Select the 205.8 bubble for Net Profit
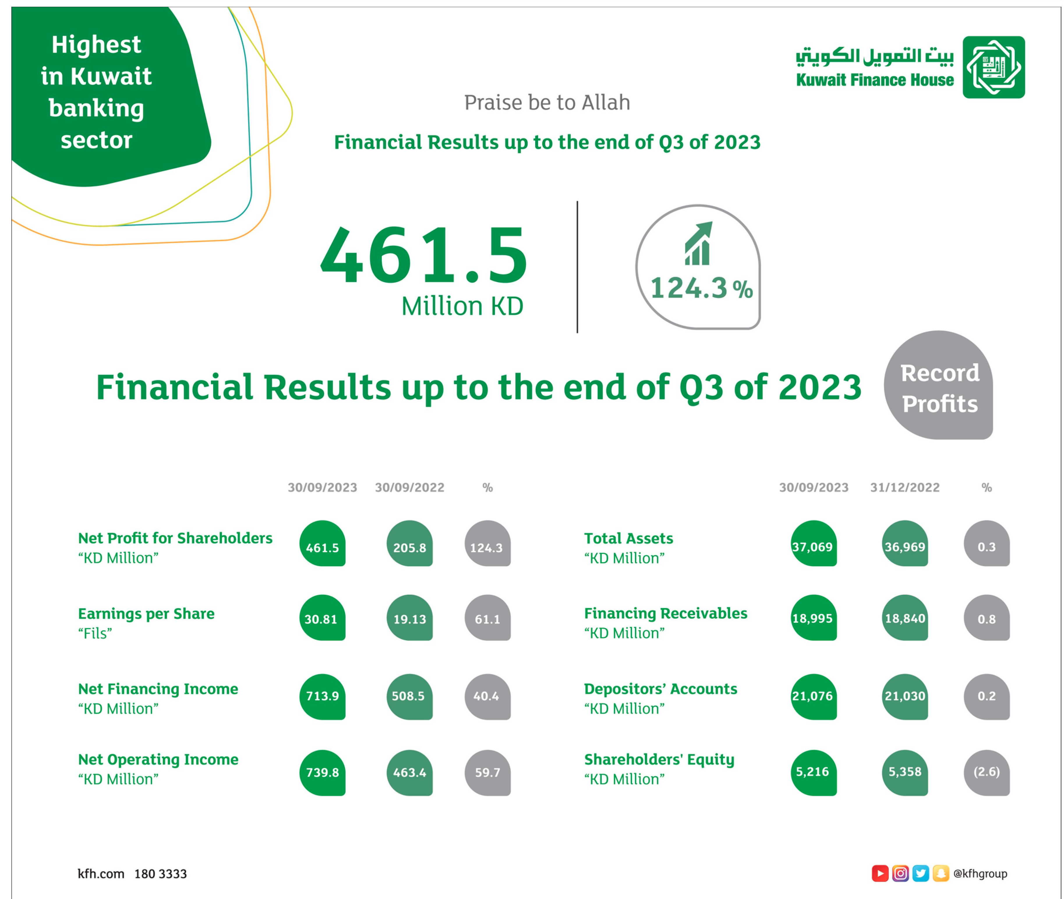409,543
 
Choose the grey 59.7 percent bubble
487,773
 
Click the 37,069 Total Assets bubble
813,543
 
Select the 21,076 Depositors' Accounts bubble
813,697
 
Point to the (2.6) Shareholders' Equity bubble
987,773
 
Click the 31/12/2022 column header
905,488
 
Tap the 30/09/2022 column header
409,488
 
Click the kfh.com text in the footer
101,874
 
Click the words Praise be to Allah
547,103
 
